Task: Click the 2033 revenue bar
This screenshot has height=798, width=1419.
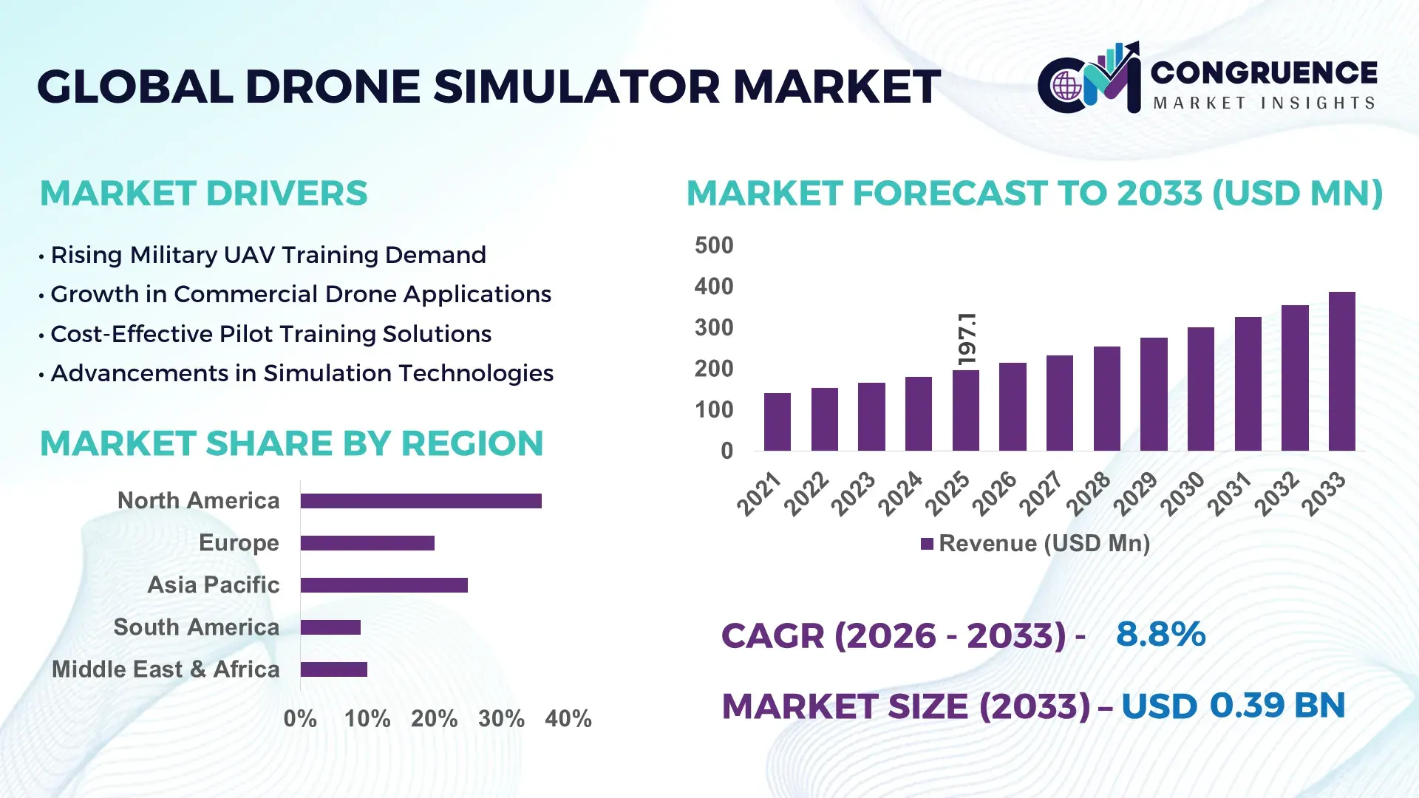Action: pyautogui.click(x=1341, y=371)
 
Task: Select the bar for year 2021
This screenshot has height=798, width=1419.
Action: pyautogui.click(x=777, y=422)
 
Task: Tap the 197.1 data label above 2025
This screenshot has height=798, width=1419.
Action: pyautogui.click(x=966, y=338)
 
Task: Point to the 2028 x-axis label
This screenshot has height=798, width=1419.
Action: pyautogui.click(x=1089, y=493)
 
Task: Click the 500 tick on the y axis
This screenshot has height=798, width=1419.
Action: pyautogui.click(x=713, y=245)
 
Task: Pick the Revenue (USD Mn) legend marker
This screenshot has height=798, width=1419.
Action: pyautogui.click(x=927, y=544)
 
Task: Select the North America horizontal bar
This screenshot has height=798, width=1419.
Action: pyautogui.click(x=421, y=501)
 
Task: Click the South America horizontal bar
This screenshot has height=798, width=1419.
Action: pyautogui.click(x=330, y=627)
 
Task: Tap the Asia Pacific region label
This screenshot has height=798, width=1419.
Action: pyautogui.click(x=213, y=584)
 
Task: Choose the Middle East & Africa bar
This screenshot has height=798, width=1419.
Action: pyautogui.click(x=333, y=669)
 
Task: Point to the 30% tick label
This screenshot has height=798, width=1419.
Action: pyautogui.click(x=501, y=718)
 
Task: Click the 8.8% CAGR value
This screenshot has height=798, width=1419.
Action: pyautogui.click(x=1160, y=634)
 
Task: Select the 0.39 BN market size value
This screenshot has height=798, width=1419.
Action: pyautogui.click(x=1276, y=705)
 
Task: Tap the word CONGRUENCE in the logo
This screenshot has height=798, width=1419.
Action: pyautogui.click(x=1263, y=72)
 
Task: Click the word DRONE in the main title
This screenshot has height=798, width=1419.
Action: pyautogui.click(x=333, y=86)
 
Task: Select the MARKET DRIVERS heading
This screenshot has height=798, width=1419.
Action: pyautogui.click(x=203, y=194)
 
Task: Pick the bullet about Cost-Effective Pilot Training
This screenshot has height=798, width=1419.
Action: pyautogui.click(x=270, y=334)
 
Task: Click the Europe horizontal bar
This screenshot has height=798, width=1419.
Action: pyautogui.click(x=367, y=543)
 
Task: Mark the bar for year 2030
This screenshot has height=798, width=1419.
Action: pyautogui.click(x=1200, y=389)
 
